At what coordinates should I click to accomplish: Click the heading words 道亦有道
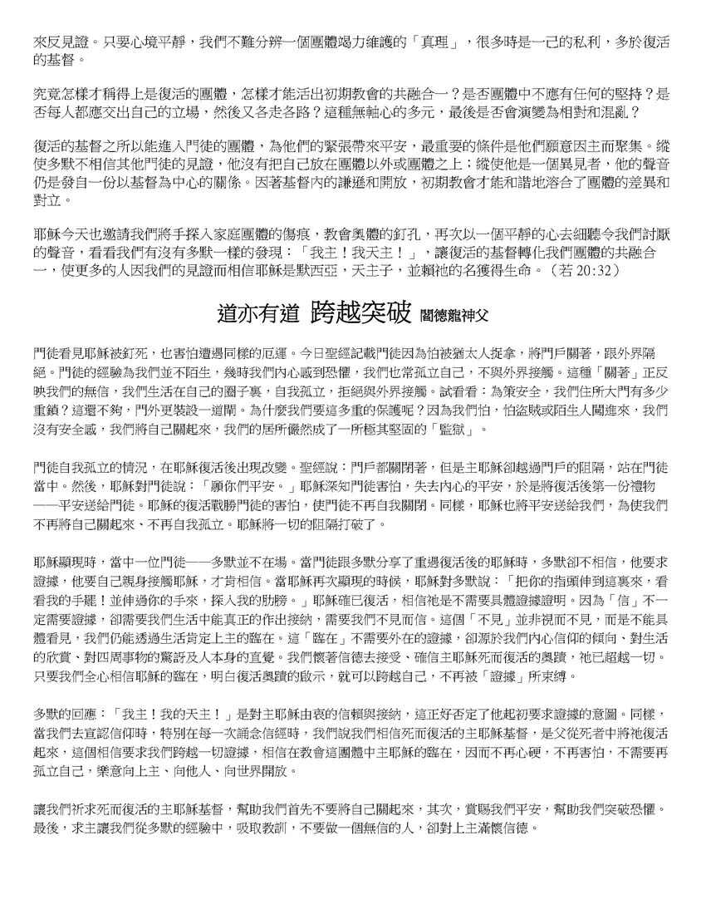pyautogui.click(x=257, y=312)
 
